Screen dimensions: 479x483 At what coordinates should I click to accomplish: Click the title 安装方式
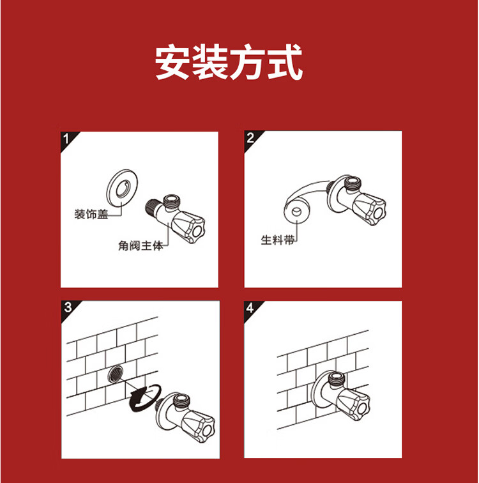click(x=229, y=63)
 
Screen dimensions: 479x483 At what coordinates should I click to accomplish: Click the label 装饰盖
click(x=91, y=214)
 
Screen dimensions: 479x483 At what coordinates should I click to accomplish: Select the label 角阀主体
click(x=141, y=246)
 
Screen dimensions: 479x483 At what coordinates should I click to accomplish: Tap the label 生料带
click(x=278, y=240)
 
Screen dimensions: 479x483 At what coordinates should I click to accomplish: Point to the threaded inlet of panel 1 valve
click(x=151, y=206)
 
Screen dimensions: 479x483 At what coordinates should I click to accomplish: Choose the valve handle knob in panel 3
click(x=198, y=427)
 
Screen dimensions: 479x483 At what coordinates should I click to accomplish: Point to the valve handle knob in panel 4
click(x=353, y=404)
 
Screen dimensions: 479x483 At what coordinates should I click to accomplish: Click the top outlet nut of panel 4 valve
click(x=337, y=378)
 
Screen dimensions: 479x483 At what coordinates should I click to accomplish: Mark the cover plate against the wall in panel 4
click(x=320, y=389)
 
